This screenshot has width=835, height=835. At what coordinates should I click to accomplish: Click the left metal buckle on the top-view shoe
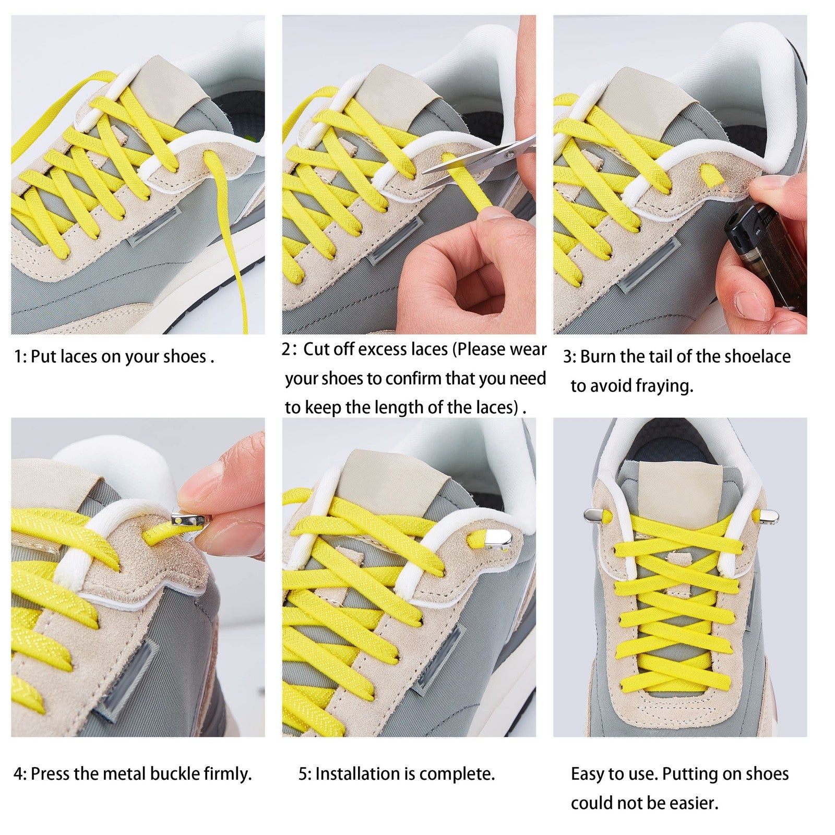[x=594, y=516]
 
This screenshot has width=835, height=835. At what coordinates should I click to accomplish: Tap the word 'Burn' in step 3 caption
[x=599, y=357]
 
